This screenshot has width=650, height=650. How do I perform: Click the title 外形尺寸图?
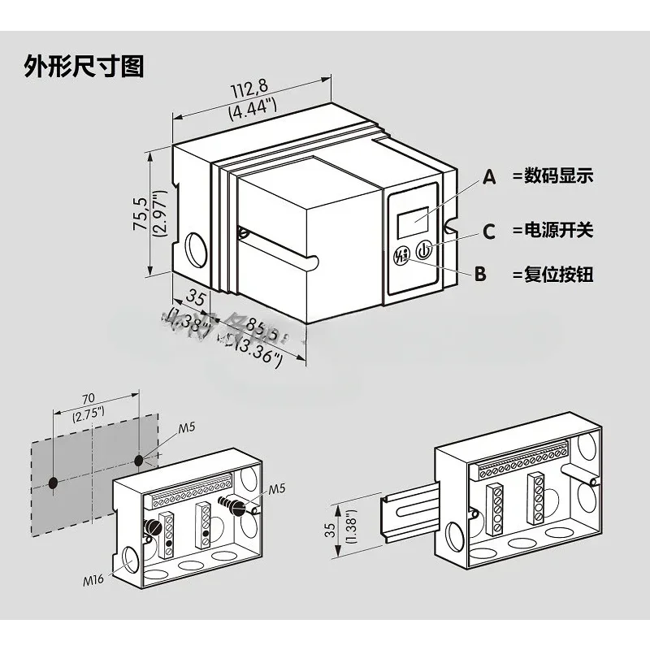tap(84, 66)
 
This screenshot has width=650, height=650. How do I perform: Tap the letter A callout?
tap(489, 177)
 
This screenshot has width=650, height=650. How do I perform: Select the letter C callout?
tap(488, 232)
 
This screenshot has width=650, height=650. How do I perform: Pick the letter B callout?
tap(480, 275)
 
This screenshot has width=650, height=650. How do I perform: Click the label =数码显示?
tap(552, 175)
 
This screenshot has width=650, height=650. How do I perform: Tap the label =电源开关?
tap(552, 230)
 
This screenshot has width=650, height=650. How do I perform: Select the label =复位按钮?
tap(552, 275)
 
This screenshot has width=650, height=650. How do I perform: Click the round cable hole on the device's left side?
tap(196, 249)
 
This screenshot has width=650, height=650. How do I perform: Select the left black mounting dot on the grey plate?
tap(54, 483)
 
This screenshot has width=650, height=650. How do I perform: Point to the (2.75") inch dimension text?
tap(88, 414)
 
